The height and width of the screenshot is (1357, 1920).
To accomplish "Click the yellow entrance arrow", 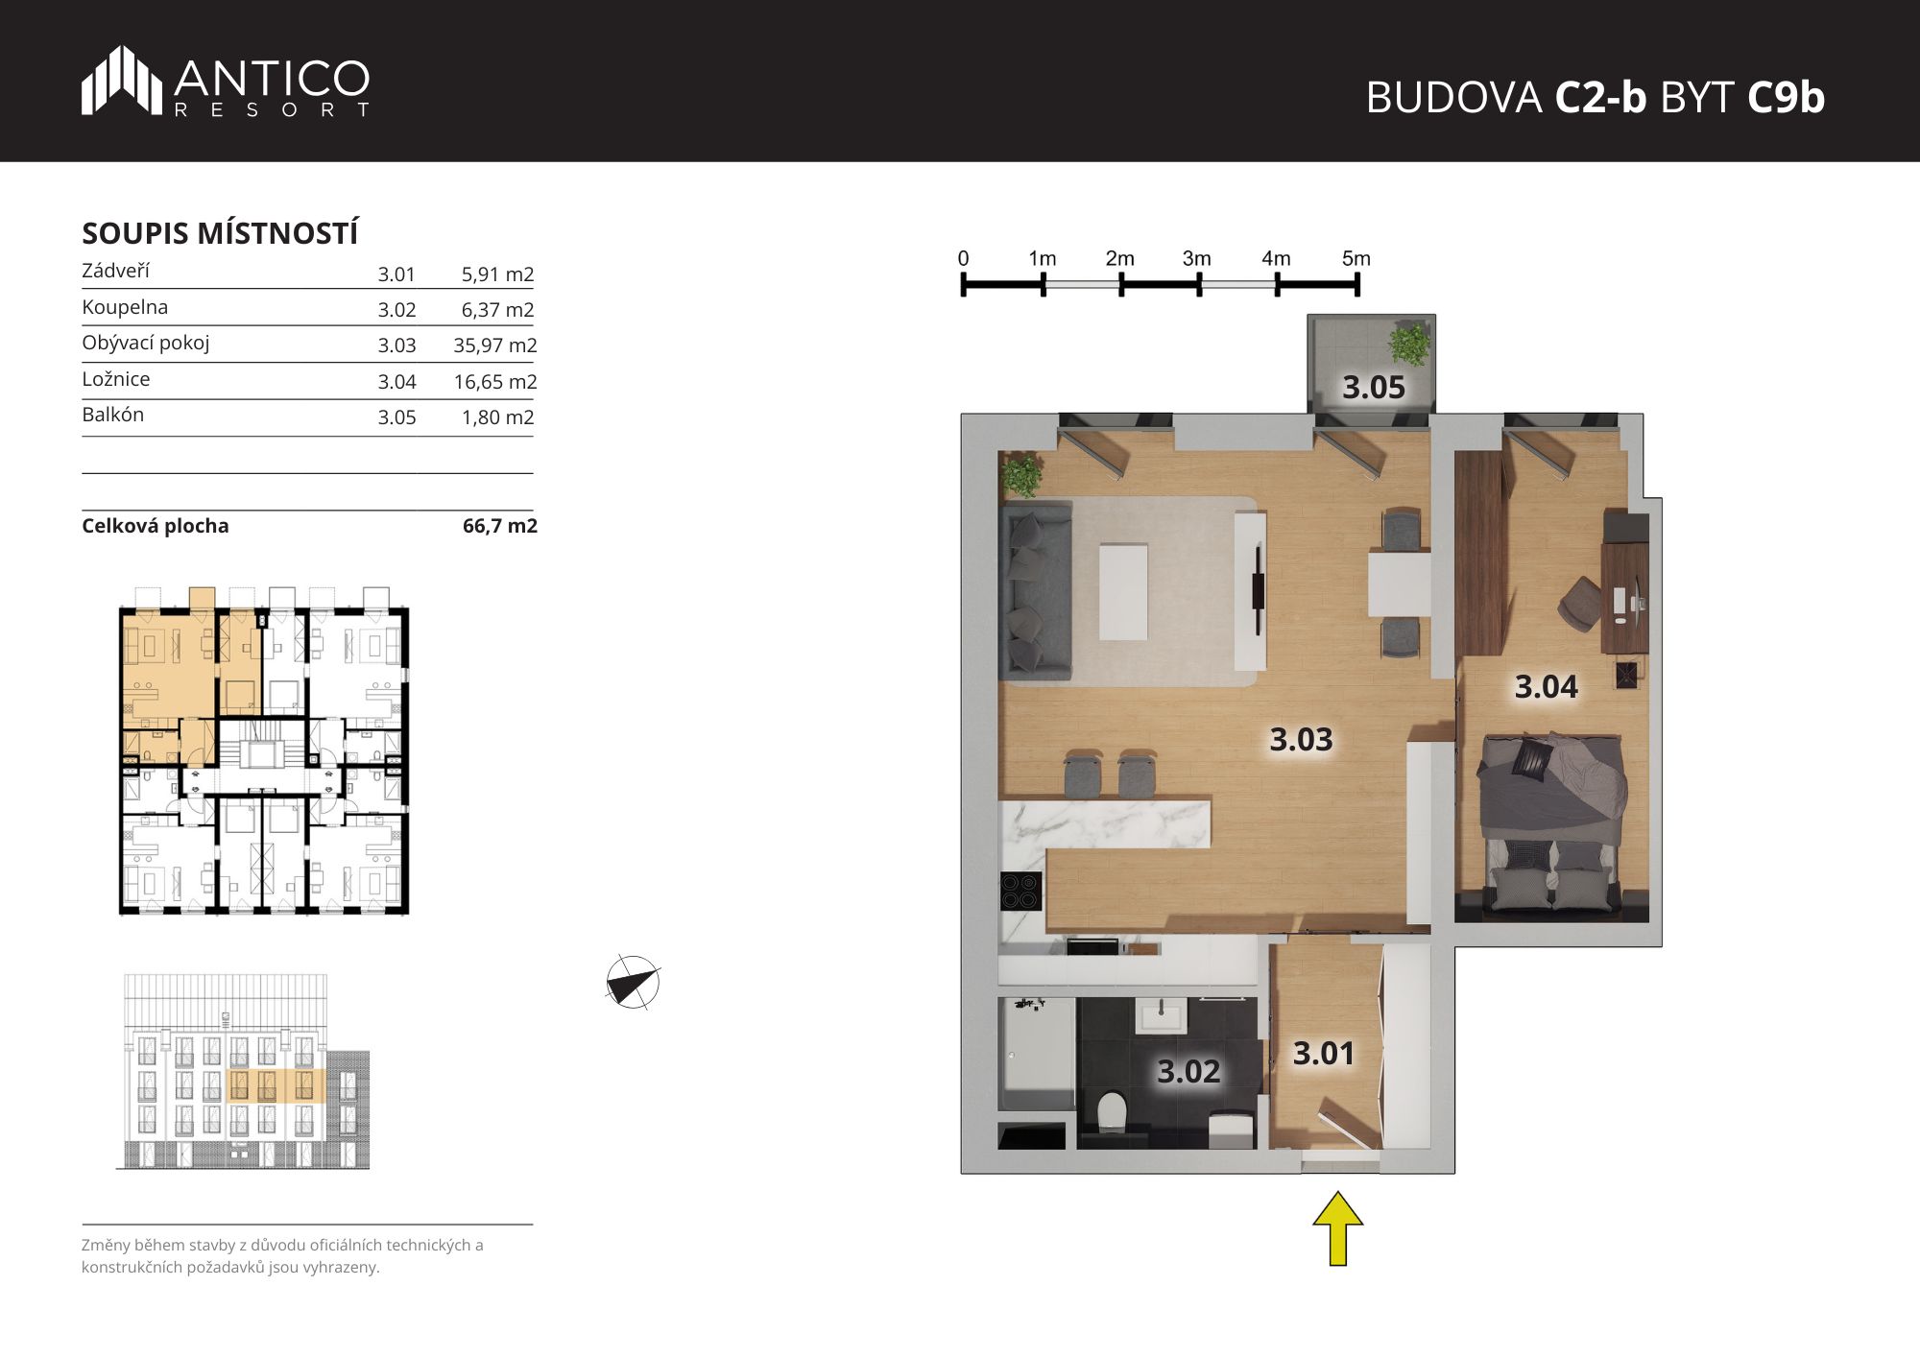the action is click(1338, 1228).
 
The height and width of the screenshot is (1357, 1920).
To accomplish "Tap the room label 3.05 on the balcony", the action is click(1373, 388).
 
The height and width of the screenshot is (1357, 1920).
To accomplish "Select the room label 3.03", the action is click(1301, 739).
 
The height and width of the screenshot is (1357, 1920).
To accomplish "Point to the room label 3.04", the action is click(1546, 686).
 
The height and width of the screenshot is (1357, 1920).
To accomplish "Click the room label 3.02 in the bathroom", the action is click(1188, 1071).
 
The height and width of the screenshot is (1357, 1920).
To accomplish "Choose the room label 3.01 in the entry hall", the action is click(1323, 1053).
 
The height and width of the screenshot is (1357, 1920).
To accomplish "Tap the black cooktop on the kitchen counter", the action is click(1021, 891).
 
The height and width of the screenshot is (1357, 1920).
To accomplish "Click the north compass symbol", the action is click(633, 983).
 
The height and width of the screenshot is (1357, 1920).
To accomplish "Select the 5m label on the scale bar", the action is click(1356, 258).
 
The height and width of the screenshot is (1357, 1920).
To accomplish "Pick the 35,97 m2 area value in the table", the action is click(495, 345).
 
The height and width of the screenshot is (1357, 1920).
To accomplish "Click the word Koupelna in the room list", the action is click(125, 307).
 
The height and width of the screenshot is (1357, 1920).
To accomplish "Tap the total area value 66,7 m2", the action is click(500, 526).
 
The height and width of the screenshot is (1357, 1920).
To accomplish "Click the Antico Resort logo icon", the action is click(122, 81).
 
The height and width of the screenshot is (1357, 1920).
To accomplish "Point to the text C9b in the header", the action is click(1786, 97).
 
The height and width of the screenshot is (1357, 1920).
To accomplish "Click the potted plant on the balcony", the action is click(1409, 344).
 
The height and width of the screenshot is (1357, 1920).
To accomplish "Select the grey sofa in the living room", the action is click(1036, 590).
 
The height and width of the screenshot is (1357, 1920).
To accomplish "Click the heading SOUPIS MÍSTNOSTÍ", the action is click(220, 233).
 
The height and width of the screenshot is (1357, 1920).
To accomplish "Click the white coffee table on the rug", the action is click(1123, 592).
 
